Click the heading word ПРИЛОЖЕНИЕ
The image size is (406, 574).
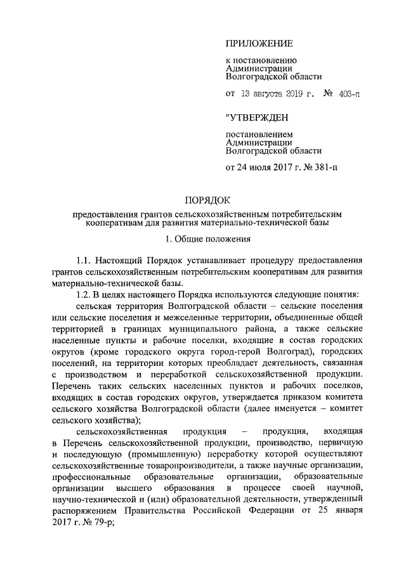pos(259,43)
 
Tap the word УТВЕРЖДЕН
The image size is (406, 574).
pos(259,118)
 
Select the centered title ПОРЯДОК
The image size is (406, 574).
pos(202,200)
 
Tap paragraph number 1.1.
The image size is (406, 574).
pos(84,261)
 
